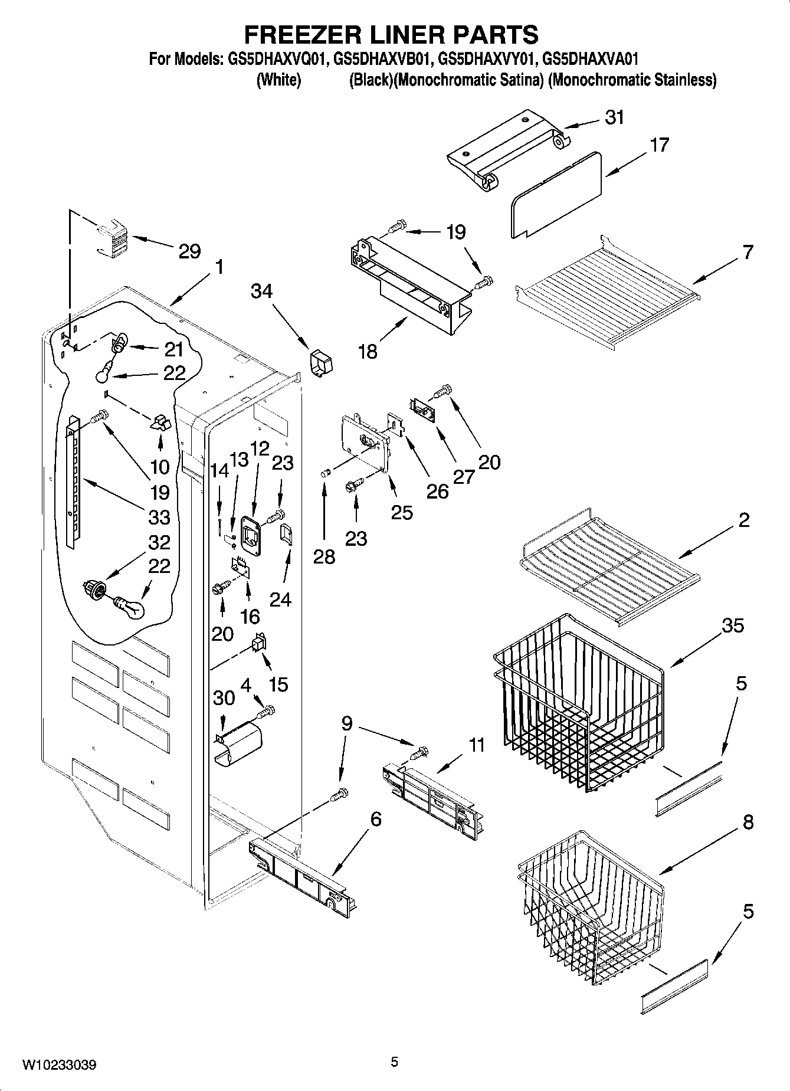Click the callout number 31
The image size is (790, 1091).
pyautogui.click(x=614, y=117)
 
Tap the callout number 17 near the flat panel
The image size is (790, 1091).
pyautogui.click(x=659, y=145)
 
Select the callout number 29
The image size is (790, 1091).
pyautogui.click(x=189, y=251)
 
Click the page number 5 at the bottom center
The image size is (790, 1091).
pyautogui.click(x=394, y=1062)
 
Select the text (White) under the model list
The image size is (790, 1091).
pyautogui.click(x=278, y=80)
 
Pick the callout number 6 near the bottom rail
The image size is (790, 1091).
pyautogui.click(x=375, y=819)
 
